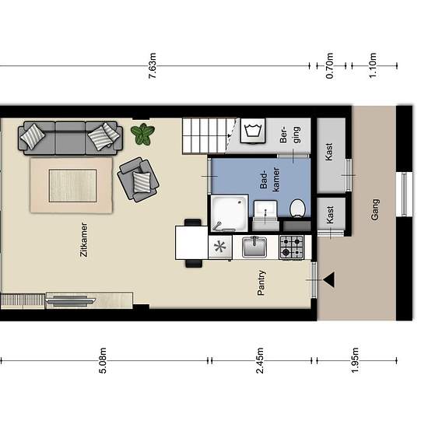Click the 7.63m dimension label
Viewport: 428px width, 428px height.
coord(153,66)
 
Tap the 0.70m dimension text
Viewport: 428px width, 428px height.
coord(329,66)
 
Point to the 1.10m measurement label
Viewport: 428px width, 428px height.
coord(373,65)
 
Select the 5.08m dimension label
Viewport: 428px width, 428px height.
coord(103,360)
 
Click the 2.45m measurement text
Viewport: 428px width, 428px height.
coord(260,360)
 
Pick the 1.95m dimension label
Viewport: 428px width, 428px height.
coord(355,360)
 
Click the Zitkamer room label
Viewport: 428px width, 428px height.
coord(84,240)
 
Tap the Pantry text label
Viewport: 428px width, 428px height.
coord(261,282)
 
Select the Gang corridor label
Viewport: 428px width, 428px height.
coord(375,209)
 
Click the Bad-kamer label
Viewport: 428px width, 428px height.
coord(270,179)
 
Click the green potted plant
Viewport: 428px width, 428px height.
coord(142,134)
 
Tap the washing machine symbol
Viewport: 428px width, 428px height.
coord(253,131)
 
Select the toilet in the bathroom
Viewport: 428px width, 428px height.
coord(297,209)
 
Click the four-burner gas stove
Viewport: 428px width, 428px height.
coord(292,247)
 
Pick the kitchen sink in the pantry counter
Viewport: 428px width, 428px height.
coord(254,247)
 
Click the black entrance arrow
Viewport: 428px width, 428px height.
coord(328,280)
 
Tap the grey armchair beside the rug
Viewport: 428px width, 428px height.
coord(138,179)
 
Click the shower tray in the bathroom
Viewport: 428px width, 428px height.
coord(230,213)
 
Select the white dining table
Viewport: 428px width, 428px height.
coord(191,243)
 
